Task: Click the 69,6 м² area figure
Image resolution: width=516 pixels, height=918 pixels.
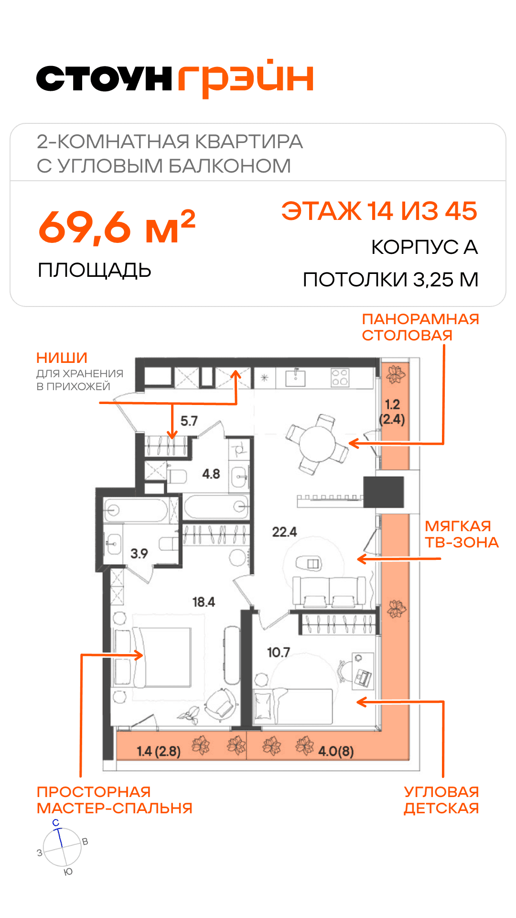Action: (x=117, y=227)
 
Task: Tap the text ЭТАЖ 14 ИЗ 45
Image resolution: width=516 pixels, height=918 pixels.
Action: (x=379, y=211)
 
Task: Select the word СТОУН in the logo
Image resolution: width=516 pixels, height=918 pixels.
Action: (x=104, y=79)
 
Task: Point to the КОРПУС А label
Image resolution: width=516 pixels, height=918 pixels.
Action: (x=425, y=247)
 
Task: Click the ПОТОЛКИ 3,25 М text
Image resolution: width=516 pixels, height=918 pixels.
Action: (x=391, y=280)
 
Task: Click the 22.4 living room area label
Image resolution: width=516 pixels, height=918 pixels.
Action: (x=284, y=532)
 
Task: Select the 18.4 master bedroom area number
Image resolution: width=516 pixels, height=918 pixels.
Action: (x=204, y=602)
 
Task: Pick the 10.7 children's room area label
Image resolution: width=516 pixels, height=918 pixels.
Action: (x=279, y=652)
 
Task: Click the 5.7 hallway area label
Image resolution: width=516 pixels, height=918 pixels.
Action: (x=189, y=421)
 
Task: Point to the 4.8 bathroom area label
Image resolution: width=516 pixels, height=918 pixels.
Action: (x=211, y=474)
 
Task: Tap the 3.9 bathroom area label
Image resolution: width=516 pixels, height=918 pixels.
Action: (x=139, y=553)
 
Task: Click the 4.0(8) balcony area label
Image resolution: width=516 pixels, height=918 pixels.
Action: (x=336, y=751)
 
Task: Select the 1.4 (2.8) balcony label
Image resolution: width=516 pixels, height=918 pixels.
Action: (x=159, y=752)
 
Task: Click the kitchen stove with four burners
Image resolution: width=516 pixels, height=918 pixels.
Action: (x=340, y=377)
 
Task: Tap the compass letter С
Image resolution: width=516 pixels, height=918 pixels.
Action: (x=56, y=823)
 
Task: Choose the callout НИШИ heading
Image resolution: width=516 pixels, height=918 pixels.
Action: (x=62, y=358)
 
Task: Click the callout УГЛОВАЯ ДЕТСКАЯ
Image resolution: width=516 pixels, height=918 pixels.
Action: (x=441, y=800)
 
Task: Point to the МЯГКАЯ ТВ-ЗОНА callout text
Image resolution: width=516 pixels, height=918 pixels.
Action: (x=462, y=534)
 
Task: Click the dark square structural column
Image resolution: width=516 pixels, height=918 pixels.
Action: (x=384, y=492)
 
